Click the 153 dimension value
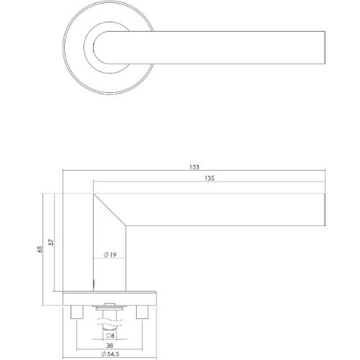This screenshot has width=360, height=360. pos(193,167)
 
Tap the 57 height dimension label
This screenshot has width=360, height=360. pos(50,244)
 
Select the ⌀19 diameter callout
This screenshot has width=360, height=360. pos(109,254)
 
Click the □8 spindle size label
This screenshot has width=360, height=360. pos(109,336)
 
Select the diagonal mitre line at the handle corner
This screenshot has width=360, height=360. pos(112,207)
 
